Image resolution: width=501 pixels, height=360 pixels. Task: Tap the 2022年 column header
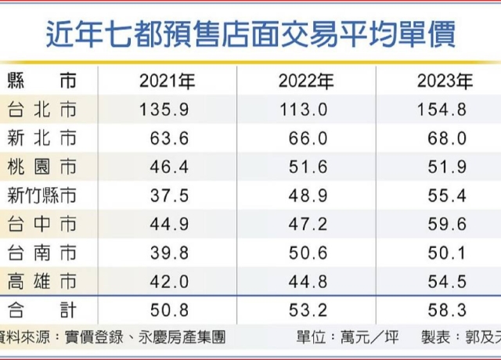(306, 81)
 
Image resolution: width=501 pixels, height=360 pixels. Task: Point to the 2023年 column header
(445, 81)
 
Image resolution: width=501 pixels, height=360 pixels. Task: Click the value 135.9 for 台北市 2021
(164, 110)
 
